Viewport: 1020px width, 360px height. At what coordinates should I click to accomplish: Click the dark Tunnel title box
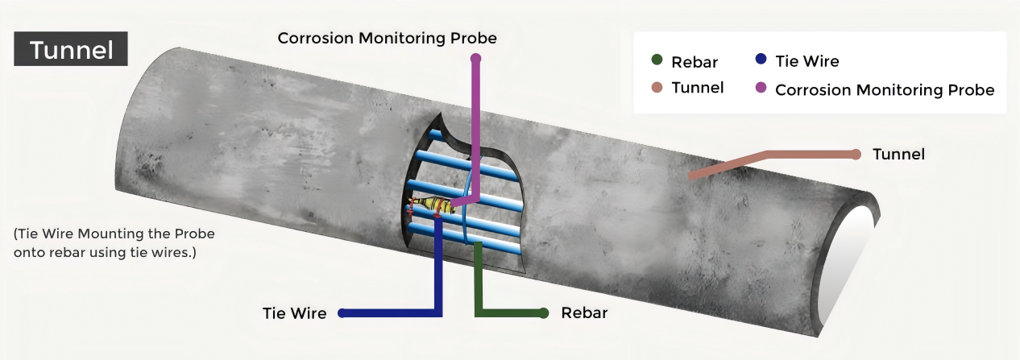pyautogui.click(x=71, y=50)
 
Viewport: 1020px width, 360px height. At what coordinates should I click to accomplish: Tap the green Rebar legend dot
pyautogui.click(x=657, y=60)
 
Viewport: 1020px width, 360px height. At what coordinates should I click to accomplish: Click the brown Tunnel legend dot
pyautogui.click(x=657, y=87)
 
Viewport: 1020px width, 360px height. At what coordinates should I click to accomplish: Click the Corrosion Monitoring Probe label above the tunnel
pyautogui.click(x=387, y=38)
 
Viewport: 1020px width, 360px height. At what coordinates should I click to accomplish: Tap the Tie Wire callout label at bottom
pyautogui.click(x=295, y=313)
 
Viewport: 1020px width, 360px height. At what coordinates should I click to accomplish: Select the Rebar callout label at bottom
pyautogui.click(x=584, y=312)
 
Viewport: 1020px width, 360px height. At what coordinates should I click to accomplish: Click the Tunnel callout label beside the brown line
pyautogui.click(x=898, y=154)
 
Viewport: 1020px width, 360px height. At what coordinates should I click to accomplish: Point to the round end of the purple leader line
pyautogui.click(x=476, y=58)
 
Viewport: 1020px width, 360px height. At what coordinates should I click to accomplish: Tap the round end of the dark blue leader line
pyautogui.click(x=342, y=312)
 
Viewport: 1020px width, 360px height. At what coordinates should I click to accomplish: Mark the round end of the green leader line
pyautogui.click(x=544, y=312)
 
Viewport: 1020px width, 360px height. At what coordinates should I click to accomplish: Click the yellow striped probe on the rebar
pyautogui.click(x=427, y=205)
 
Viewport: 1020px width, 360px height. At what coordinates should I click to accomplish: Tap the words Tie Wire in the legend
pyautogui.click(x=806, y=60)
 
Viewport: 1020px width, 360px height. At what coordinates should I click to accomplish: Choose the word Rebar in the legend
pyautogui.click(x=695, y=62)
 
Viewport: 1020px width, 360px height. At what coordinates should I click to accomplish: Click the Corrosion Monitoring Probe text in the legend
pyautogui.click(x=885, y=89)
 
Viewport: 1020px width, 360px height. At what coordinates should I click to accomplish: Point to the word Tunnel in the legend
pyautogui.click(x=698, y=88)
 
